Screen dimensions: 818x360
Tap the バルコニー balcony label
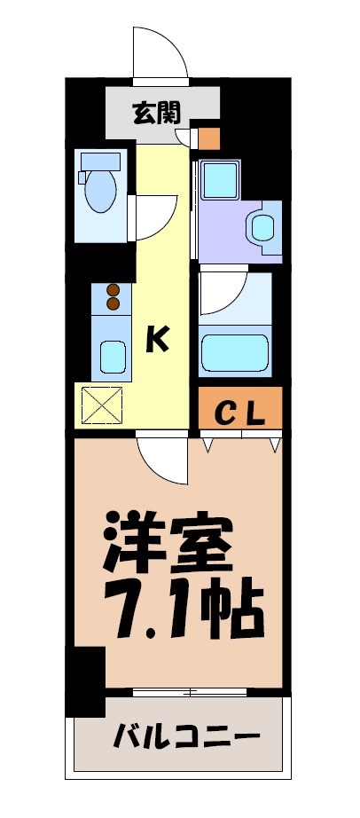(x=186, y=735)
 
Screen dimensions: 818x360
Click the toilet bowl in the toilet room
(x=98, y=189)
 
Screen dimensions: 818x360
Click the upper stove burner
(x=113, y=289)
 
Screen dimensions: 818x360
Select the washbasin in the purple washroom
(x=263, y=226)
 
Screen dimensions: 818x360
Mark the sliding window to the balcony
(x=191, y=690)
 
